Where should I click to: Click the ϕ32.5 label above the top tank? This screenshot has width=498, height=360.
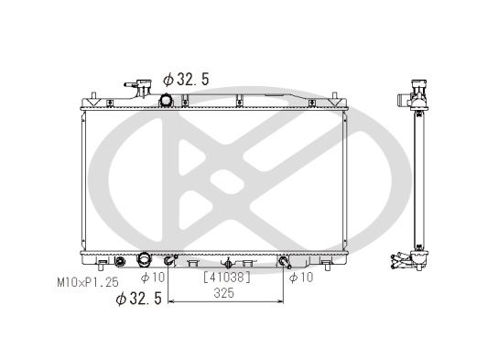point(186,80)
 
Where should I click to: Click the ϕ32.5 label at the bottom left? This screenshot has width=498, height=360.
point(139,299)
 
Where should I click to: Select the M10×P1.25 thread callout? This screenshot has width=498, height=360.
point(88,282)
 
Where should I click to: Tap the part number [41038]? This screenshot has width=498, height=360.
point(227,278)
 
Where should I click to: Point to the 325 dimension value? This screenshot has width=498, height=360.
point(224,293)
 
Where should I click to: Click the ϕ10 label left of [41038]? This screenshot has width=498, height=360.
point(153,278)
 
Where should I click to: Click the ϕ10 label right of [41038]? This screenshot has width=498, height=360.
point(301,278)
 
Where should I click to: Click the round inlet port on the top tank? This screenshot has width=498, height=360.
point(166,101)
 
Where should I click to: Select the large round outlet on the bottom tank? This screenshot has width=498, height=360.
point(144,259)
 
